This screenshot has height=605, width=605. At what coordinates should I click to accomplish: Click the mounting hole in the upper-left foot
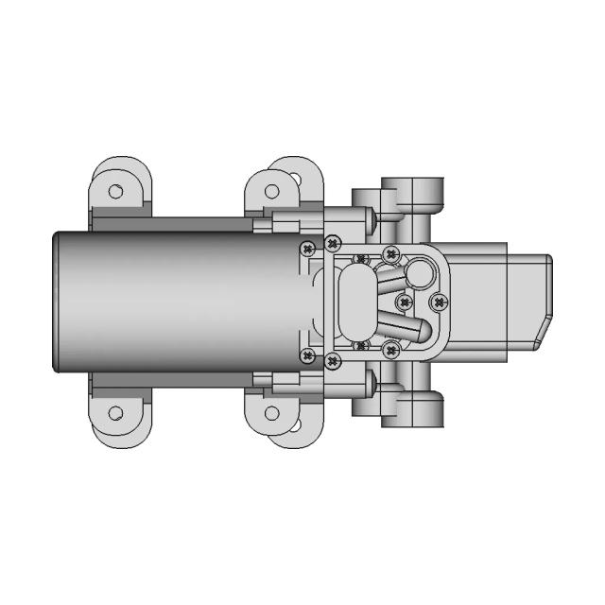[x=115, y=191]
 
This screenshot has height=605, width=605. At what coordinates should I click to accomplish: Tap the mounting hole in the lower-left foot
[x=115, y=413]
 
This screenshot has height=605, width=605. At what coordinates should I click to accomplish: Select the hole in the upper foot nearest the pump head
[x=272, y=191]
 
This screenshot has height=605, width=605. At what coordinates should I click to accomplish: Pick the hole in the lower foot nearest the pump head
[x=272, y=413]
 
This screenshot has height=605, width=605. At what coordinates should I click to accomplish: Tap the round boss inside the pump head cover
[x=421, y=274]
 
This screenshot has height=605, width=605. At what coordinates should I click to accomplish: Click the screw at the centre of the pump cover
[x=405, y=302]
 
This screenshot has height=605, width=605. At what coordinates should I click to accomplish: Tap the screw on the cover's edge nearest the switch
[x=437, y=302]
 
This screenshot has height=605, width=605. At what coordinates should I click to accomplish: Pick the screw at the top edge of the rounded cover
[x=389, y=253]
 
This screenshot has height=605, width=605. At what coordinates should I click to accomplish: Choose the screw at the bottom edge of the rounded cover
[x=389, y=351]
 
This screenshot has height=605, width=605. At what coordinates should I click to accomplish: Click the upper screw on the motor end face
[x=306, y=249]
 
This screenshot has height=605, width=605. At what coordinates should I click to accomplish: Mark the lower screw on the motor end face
[x=306, y=355]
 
